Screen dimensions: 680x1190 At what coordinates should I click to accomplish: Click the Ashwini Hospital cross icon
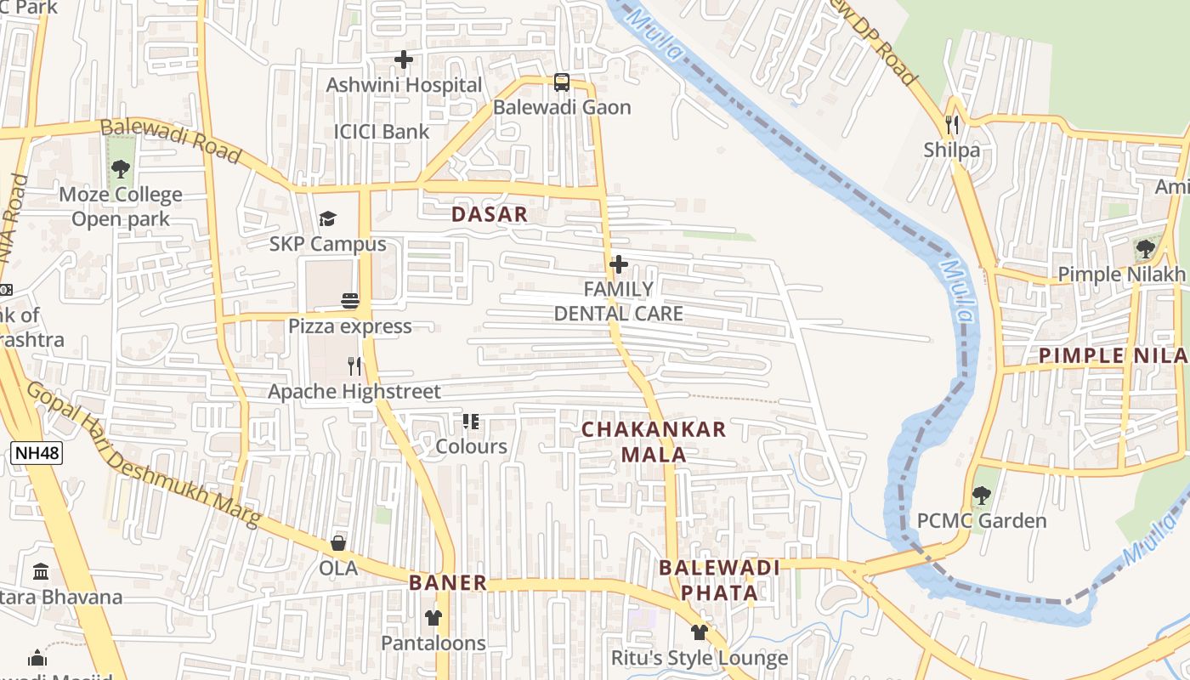[x=404, y=59]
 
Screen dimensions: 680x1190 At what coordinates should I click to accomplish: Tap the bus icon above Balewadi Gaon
[x=562, y=82]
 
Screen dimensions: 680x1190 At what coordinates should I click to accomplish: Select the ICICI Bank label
[x=382, y=132]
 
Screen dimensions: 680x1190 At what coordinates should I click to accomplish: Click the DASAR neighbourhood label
[x=490, y=214]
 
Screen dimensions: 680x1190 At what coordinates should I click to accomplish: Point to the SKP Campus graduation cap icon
[x=328, y=219]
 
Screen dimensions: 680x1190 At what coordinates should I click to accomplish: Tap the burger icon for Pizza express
[x=349, y=301]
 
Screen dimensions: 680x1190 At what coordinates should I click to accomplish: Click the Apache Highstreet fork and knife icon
[x=354, y=366]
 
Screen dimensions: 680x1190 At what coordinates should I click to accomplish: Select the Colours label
[x=471, y=446]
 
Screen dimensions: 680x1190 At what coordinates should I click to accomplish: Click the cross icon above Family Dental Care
[x=619, y=264]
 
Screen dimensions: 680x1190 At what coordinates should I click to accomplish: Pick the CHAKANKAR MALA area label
[x=654, y=442]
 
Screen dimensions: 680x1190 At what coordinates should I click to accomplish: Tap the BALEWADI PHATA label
[x=720, y=580]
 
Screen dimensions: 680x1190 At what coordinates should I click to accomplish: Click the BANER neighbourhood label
[x=448, y=583]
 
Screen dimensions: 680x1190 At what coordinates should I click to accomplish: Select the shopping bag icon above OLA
[x=338, y=542]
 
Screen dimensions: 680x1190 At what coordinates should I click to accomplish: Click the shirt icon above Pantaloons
[x=433, y=618]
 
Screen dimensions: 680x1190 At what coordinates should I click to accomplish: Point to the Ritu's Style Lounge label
[x=700, y=658]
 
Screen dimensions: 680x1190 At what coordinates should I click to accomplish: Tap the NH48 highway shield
[x=37, y=453]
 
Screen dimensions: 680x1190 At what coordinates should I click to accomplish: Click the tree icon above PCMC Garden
[x=982, y=495]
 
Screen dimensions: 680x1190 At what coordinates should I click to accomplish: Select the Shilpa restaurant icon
[x=952, y=125]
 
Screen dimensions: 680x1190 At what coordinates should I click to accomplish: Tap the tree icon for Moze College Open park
[x=121, y=169]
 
